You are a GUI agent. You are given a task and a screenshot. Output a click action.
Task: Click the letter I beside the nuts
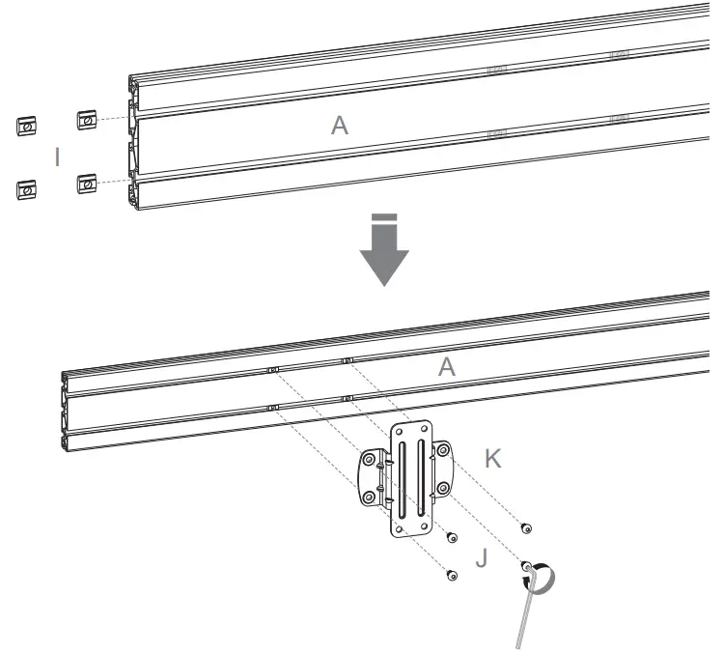click(x=58, y=157)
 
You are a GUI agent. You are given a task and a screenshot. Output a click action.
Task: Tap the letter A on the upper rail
click(x=339, y=127)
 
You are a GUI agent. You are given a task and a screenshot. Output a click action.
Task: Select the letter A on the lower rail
click(x=446, y=366)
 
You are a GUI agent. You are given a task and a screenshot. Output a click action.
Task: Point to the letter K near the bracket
click(x=492, y=460)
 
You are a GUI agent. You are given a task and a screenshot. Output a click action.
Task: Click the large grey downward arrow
click(x=384, y=253)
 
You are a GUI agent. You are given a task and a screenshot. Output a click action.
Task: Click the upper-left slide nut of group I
click(x=27, y=126)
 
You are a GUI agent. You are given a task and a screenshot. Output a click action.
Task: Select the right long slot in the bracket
click(x=421, y=478)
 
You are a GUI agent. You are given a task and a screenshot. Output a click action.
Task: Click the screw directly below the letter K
click(x=525, y=526)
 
